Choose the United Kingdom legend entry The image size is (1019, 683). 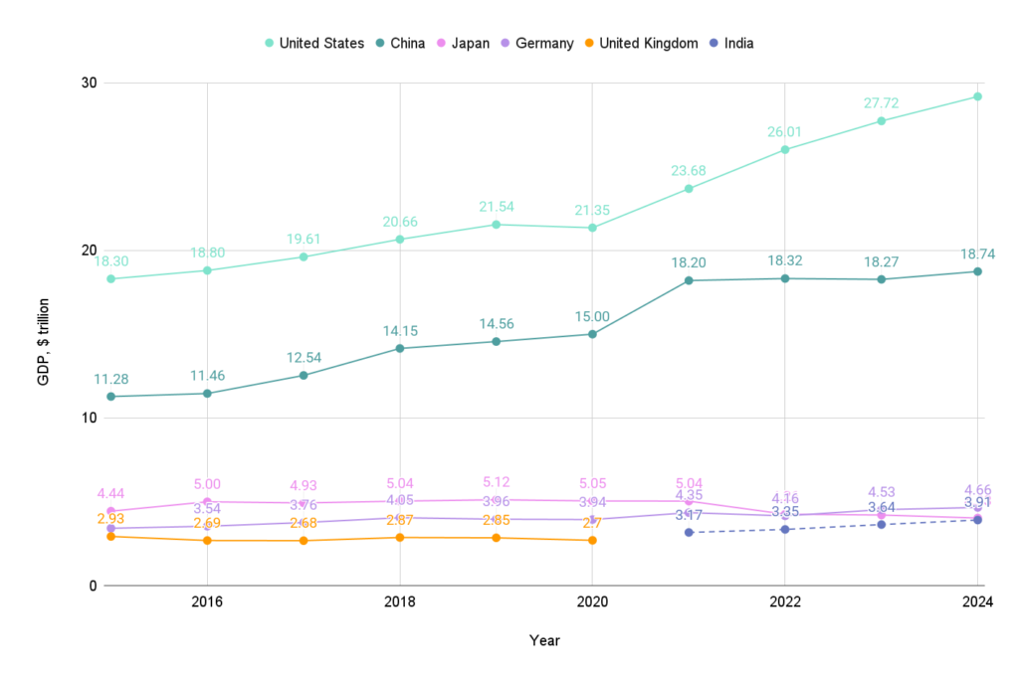647,43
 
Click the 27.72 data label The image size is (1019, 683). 881,103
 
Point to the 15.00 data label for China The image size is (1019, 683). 592,316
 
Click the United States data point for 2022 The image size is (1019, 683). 785,149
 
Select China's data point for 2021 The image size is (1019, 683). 689,280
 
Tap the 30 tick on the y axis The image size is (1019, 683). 89,83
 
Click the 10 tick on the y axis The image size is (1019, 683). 89,418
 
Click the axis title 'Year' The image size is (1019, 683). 543,641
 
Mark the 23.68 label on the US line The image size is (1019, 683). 689,171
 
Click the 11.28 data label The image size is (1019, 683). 111,379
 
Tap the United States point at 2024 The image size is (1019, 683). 977,96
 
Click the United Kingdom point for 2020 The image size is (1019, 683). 592,540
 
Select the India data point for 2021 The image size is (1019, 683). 689,532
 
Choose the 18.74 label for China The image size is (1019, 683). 977,254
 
